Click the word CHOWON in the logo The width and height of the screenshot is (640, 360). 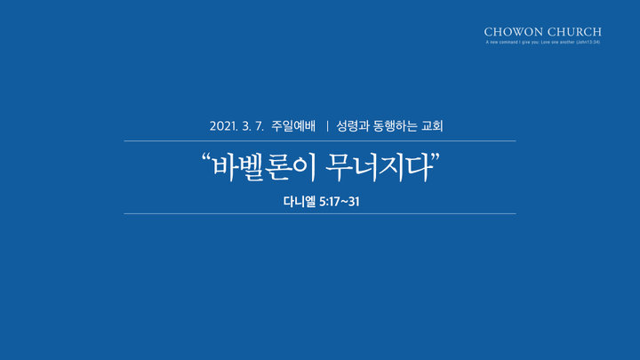pyautogui.click(x=514, y=32)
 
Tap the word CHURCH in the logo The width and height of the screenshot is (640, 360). pyautogui.click(x=574, y=32)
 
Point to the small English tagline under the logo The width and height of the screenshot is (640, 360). pyautogui.click(x=543, y=42)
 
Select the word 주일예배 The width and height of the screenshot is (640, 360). pyautogui.click(x=293, y=125)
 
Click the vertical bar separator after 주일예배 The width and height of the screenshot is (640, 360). pyautogui.click(x=327, y=125)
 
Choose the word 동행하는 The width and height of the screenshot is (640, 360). pyautogui.click(x=395, y=125)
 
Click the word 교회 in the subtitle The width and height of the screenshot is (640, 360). pyautogui.click(x=432, y=125)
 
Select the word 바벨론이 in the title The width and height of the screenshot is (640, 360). pyautogui.click(x=264, y=167)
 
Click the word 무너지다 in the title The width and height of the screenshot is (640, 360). pyautogui.click(x=380, y=167)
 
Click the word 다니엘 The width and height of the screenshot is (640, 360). pyautogui.click(x=300, y=202)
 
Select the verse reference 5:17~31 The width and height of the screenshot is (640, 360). pyautogui.click(x=340, y=202)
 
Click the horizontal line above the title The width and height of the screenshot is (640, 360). pyautogui.click(x=320, y=140)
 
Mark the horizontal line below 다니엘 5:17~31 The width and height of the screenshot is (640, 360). pyautogui.click(x=320, y=213)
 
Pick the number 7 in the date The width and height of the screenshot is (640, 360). pyautogui.click(x=259, y=126)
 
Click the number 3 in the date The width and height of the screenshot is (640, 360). pyautogui.click(x=246, y=126)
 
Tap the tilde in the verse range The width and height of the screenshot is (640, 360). pyautogui.click(x=344, y=202)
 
